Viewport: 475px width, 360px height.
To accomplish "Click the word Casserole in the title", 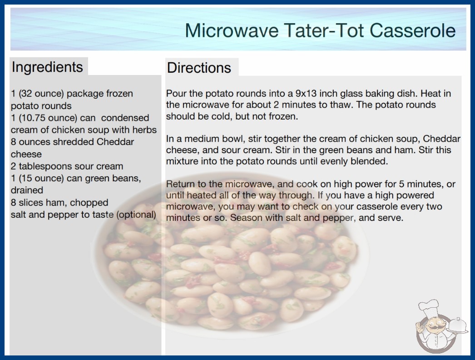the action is (412, 30).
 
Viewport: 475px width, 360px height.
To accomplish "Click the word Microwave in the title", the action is (232, 30).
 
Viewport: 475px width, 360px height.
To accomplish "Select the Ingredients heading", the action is (47, 67).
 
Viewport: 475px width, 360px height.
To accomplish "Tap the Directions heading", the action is (199, 68).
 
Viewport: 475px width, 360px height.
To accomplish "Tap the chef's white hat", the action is (429, 307).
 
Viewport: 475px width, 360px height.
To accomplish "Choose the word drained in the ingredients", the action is (27, 190).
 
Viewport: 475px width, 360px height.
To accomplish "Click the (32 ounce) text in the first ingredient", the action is (41, 94).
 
